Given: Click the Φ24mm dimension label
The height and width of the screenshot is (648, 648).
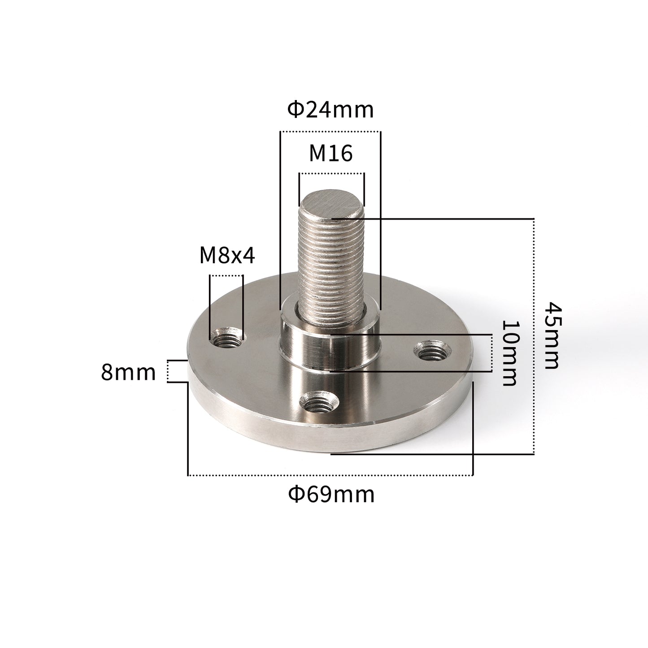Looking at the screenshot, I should point(331,109).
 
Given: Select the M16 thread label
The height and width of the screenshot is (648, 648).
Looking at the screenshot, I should point(331,153).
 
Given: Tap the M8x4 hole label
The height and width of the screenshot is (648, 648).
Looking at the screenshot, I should point(227,256).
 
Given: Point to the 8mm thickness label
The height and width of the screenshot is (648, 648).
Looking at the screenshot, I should point(128,372).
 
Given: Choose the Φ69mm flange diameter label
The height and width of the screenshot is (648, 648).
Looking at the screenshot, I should point(331,495).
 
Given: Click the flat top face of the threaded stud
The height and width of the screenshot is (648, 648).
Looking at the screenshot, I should point(331,204).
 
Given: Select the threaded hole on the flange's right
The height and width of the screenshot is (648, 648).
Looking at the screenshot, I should point(430,350).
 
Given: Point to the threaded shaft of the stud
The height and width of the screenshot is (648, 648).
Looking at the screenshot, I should point(331,265).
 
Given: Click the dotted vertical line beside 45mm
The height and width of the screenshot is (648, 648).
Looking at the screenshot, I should point(534,336).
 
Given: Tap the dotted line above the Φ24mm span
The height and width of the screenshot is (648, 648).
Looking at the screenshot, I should point(330,132).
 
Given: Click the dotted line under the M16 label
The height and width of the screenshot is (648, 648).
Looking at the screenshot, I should point(331,174).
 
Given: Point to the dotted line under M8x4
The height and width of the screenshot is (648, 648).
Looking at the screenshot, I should point(226,275).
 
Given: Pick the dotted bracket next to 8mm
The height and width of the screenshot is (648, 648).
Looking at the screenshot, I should point(168,371).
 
